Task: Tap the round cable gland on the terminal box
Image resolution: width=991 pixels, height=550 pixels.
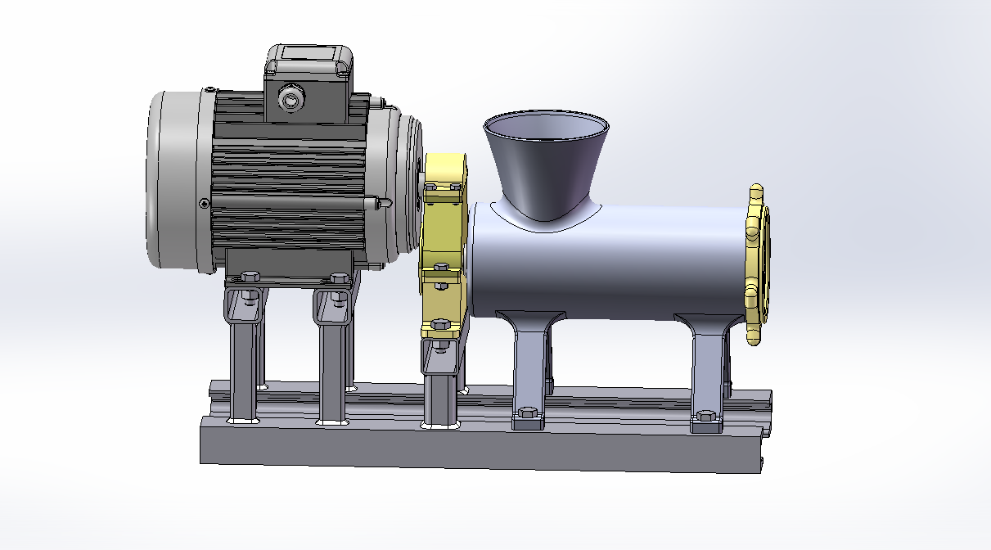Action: click(290, 100)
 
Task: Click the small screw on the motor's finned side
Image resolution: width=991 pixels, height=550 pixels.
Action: click(204, 203)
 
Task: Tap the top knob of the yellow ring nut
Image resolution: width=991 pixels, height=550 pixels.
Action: click(756, 195)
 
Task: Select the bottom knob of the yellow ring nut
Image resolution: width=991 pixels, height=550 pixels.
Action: click(755, 333)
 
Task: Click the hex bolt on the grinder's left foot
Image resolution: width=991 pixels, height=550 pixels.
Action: click(526, 416)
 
